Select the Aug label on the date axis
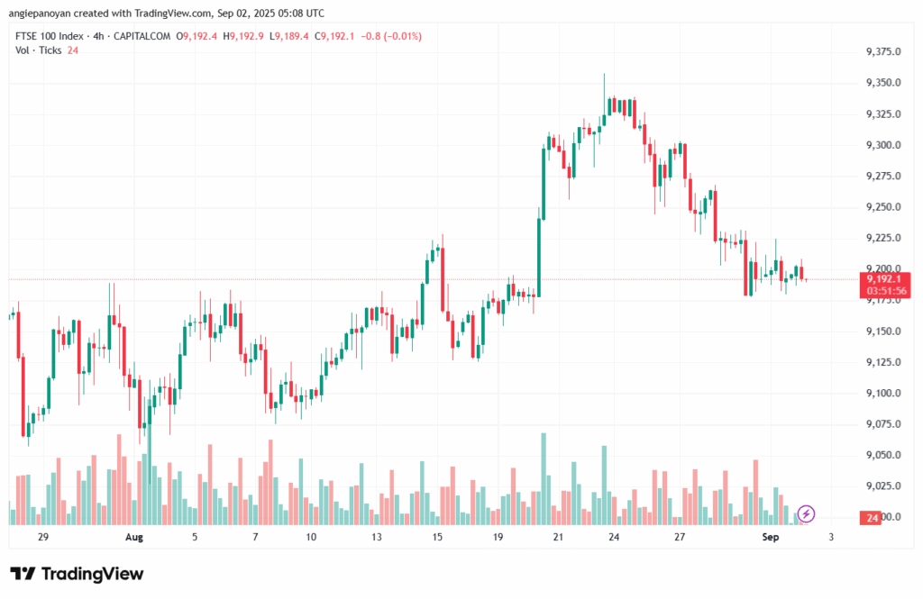coord(134,537)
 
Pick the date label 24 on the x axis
coord(613,537)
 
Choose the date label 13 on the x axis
coord(376,537)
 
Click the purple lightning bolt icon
coord(806,513)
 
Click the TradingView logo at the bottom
coord(77,574)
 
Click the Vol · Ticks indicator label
coord(39,50)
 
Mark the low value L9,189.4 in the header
coord(290,36)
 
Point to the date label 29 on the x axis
coord(42,537)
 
